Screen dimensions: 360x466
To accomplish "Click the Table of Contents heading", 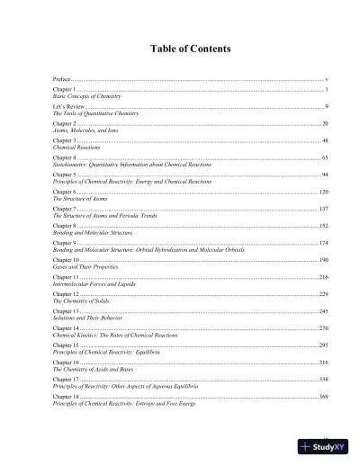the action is click(x=179, y=48).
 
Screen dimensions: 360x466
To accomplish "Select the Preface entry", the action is click(x=63, y=80).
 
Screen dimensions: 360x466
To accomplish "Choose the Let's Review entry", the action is click(x=68, y=105).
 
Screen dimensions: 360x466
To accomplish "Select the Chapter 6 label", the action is click(x=65, y=193).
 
